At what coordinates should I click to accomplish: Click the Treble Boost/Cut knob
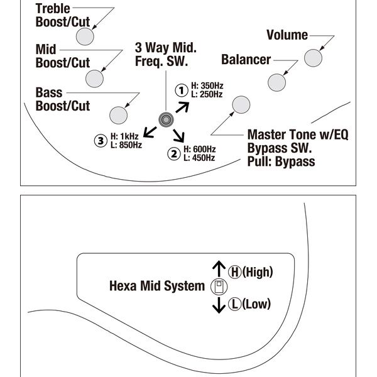coord(85,36)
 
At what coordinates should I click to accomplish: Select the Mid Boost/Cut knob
coord(94,79)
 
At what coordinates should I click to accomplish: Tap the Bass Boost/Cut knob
coord(119,115)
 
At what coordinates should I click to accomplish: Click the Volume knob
coord(313,58)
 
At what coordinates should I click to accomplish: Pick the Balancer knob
coord(277,82)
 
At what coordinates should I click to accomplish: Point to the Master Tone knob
coord(241,105)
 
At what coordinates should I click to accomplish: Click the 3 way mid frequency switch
coord(167,119)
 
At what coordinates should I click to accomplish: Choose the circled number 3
coord(101,139)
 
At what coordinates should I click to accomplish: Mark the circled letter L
coord(234,304)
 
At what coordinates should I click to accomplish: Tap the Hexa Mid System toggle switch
coord(218,287)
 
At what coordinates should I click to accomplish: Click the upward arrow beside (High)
coord(218,269)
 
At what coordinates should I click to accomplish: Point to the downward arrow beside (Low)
coord(218,305)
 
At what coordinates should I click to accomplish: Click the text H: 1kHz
coord(124,136)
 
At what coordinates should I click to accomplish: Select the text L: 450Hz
coord(200,158)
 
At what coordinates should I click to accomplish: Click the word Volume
coord(287,35)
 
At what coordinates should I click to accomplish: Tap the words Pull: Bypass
coord(281,161)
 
